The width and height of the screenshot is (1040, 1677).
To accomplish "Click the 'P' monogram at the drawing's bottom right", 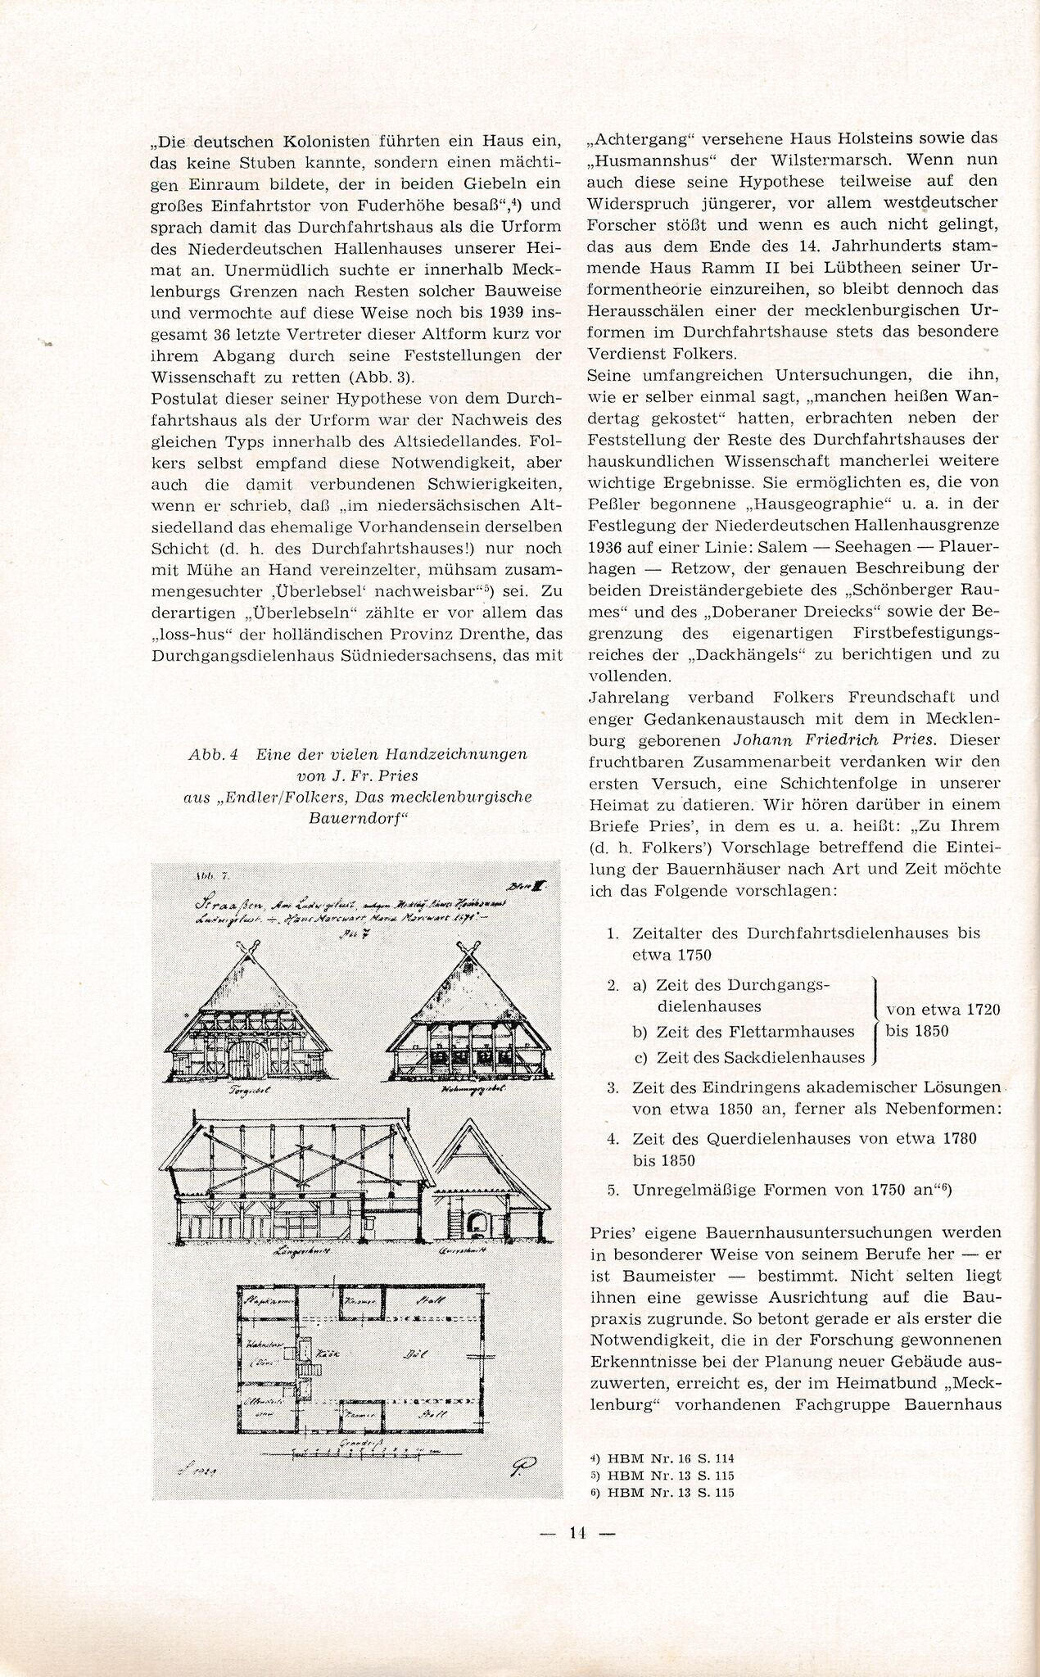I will [x=515, y=1469].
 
